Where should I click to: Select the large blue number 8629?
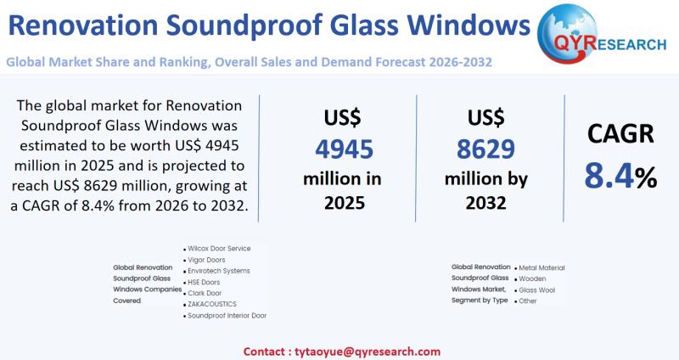pyautogui.click(x=485, y=149)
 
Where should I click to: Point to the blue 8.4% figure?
pyautogui.click(x=620, y=176)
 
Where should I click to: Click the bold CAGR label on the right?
pyautogui.click(x=620, y=134)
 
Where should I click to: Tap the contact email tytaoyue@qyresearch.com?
pyautogui.click(x=366, y=351)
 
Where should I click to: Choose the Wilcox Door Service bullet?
pyautogui.click(x=219, y=248)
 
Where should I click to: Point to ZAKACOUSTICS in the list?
pyautogui.click(x=212, y=304)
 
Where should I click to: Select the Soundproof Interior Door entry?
pyautogui.click(x=227, y=316)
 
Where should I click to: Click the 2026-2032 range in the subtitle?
pyautogui.click(x=462, y=62)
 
